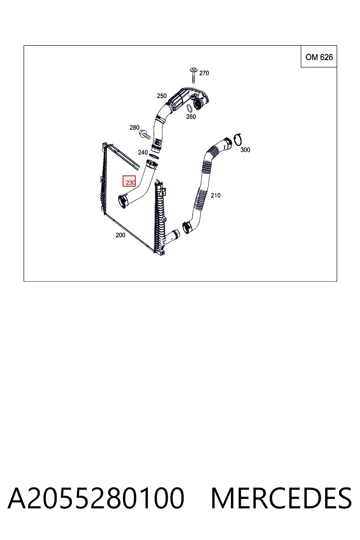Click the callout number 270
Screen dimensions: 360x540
(204, 73)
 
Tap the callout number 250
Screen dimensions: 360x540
(162, 96)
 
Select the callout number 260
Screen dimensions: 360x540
(191, 117)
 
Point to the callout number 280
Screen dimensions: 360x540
(134, 128)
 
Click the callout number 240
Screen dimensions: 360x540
(143, 152)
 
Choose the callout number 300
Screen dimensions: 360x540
(245, 150)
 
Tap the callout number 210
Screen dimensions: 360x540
(216, 195)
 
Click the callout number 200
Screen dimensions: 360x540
(120, 235)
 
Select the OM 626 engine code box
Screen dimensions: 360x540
(319, 56)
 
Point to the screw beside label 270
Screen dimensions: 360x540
(193, 75)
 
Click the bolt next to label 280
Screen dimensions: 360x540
(145, 135)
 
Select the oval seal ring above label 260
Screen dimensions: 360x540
(190, 108)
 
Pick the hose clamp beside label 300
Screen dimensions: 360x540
(238, 140)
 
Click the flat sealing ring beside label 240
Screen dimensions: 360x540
(154, 156)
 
